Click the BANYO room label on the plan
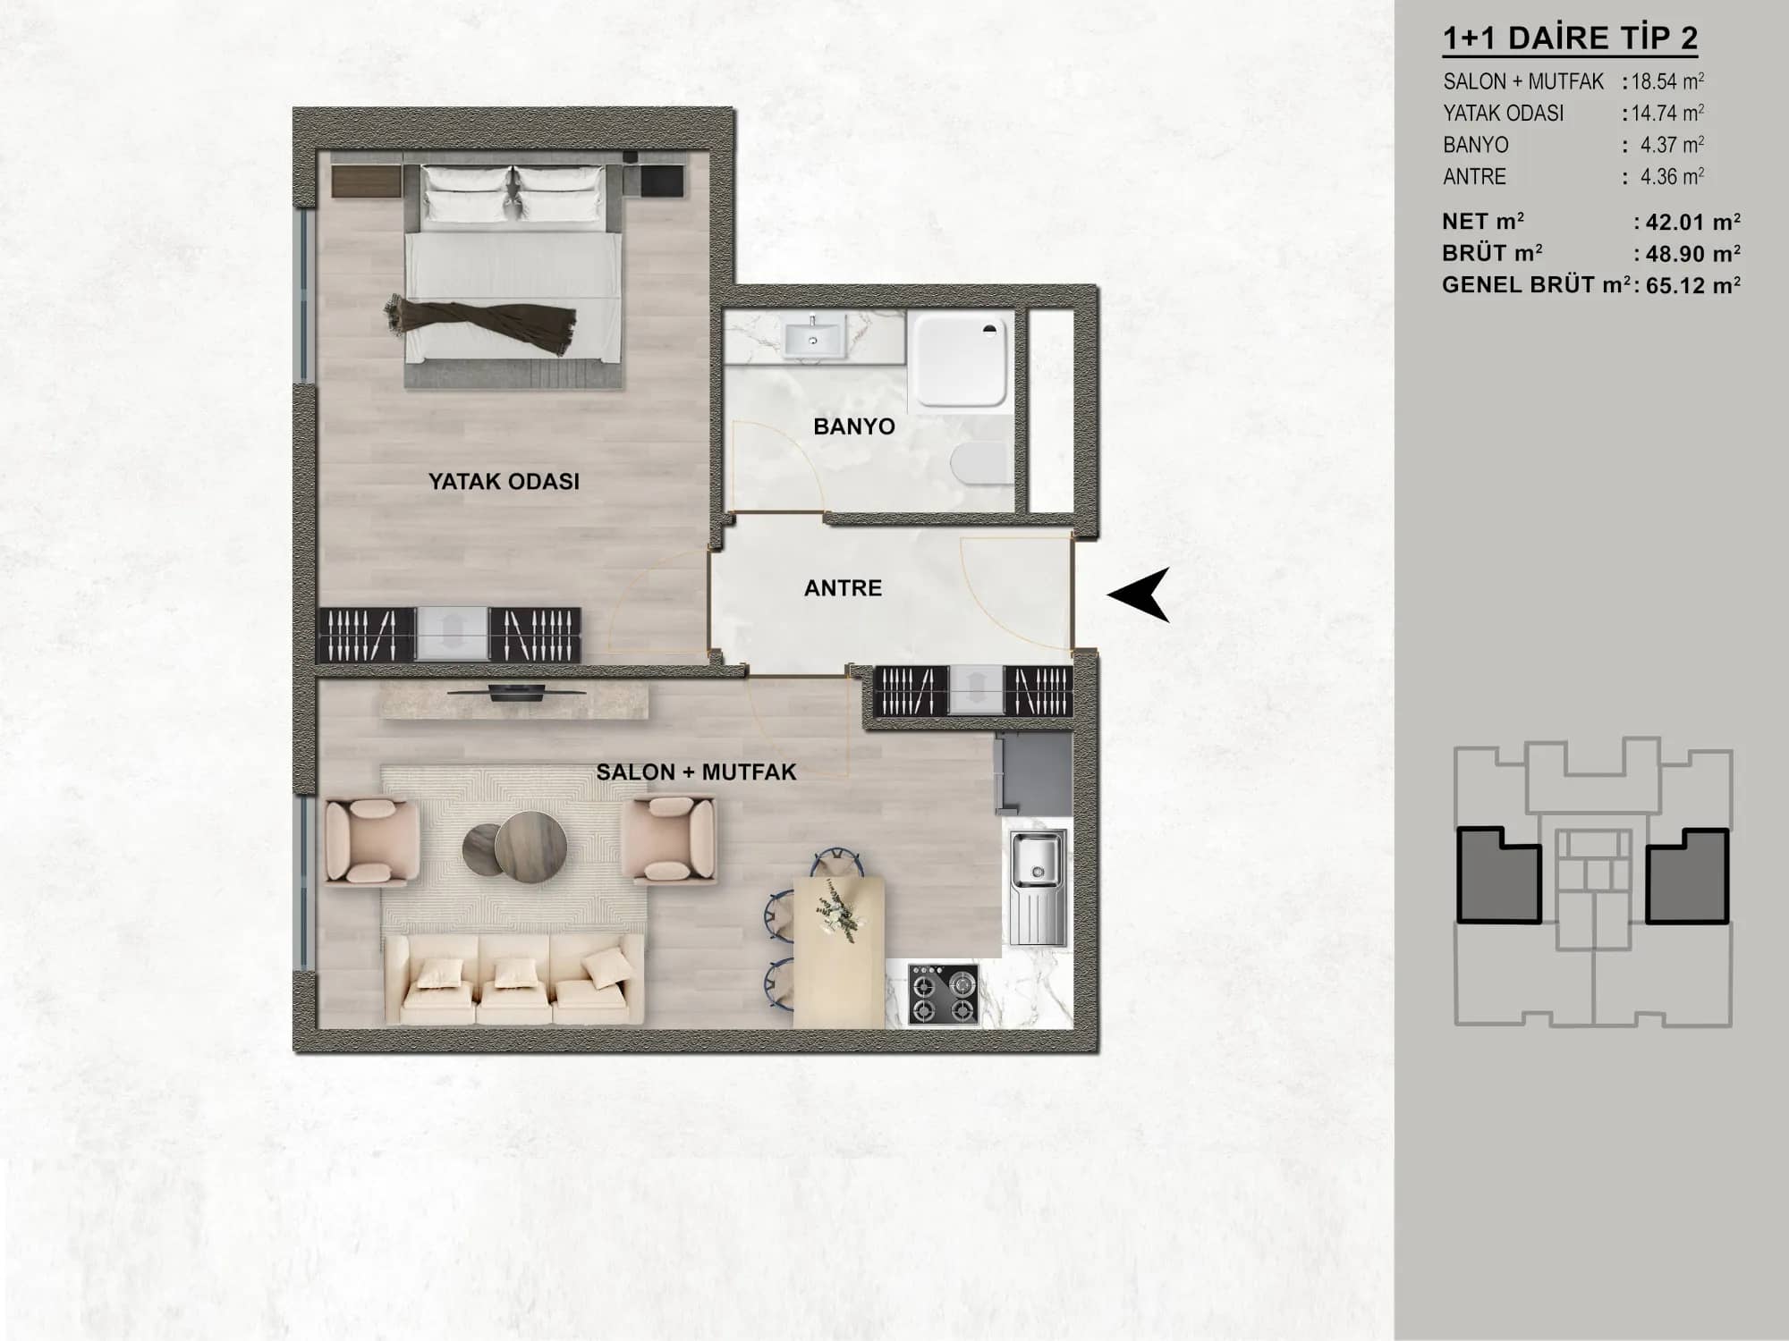click(x=854, y=426)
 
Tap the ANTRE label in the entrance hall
click(x=843, y=588)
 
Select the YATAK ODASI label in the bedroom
click(x=504, y=482)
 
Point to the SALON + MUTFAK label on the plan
click(x=696, y=772)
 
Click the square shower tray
click(x=961, y=358)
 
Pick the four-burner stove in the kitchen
click(x=943, y=994)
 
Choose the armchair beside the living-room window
click(x=371, y=842)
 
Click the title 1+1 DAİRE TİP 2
click(x=1571, y=38)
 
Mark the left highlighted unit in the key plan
click(x=1498, y=877)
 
